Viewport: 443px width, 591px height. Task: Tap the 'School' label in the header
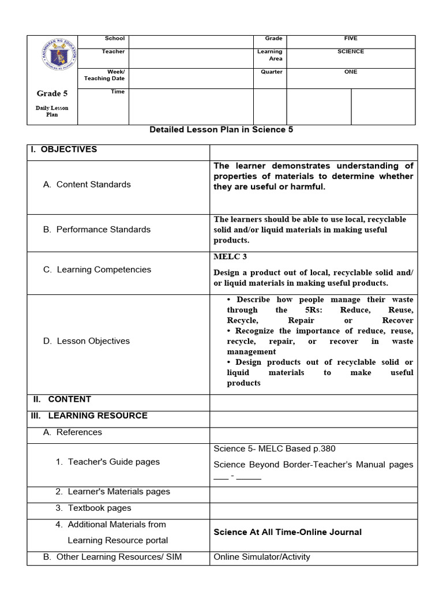(x=114, y=39)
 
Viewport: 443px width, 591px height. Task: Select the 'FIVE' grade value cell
(x=350, y=39)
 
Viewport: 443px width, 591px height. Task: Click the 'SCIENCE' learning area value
(x=350, y=52)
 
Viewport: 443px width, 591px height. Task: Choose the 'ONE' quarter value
(x=350, y=72)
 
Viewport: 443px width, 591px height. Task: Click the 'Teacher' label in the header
(x=113, y=52)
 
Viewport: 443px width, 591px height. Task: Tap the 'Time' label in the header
(x=118, y=92)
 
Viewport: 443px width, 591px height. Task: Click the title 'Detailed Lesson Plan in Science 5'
(x=221, y=130)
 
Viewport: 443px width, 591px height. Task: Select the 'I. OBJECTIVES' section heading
(x=64, y=149)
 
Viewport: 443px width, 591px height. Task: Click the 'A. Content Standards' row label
(x=87, y=185)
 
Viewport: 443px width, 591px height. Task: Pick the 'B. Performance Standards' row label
(x=96, y=230)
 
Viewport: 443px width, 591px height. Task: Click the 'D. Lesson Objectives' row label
(x=86, y=341)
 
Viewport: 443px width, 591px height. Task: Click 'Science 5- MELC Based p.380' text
(x=274, y=449)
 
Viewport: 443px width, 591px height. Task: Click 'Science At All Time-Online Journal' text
(x=287, y=532)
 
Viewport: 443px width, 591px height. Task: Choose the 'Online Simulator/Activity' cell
(x=261, y=557)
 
